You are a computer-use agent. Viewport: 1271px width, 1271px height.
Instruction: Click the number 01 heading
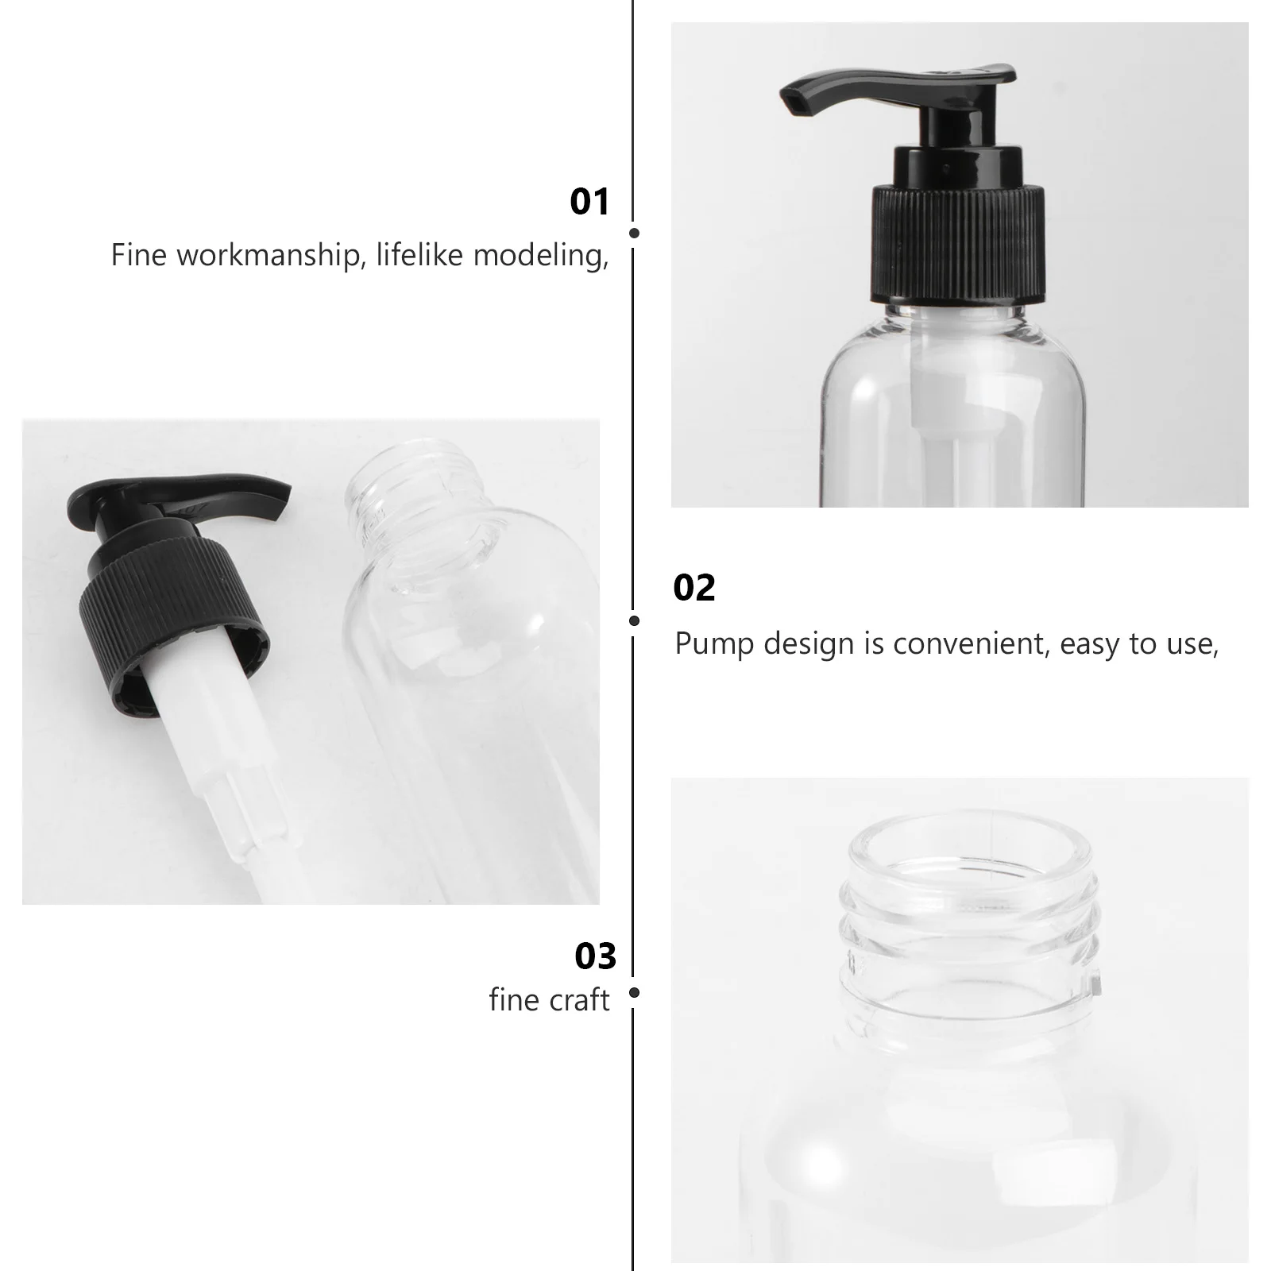coord(589,202)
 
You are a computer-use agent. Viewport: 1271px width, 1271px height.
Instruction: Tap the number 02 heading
coord(694,589)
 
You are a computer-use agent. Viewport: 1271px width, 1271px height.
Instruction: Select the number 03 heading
coord(595,956)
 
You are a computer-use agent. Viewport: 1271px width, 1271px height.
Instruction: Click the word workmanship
coord(268,256)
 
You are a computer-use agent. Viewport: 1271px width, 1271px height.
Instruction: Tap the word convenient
coord(971,644)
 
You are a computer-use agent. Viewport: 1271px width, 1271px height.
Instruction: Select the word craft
coord(581,1000)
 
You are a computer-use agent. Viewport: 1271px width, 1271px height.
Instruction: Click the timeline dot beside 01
coord(634,234)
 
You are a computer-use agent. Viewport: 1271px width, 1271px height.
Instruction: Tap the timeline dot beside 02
coord(634,620)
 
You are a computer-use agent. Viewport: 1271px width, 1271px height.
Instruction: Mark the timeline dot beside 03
coord(634,993)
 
